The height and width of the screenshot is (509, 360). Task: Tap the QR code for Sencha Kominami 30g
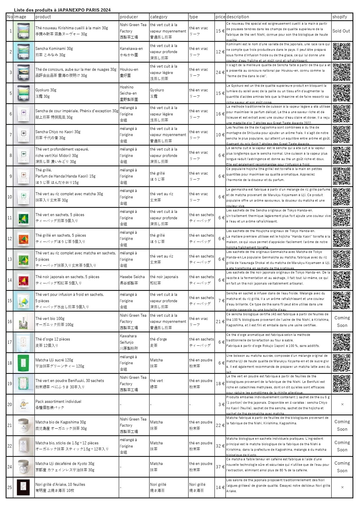[x=341, y=52]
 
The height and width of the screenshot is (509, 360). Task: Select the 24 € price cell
[x=220, y=72]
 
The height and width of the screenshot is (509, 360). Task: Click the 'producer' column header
[x=129, y=17]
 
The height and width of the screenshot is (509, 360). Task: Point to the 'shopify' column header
[x=340, y=17]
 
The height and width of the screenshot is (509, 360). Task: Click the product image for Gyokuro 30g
[x=23, y=93]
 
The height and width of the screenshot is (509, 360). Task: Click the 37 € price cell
[x=220, y=467]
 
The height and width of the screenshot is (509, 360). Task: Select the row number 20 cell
[x=10, y=405]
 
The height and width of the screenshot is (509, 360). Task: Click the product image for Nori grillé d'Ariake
[x=23, y=488]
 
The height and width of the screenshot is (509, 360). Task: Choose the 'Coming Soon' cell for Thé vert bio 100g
[x=342, y=321]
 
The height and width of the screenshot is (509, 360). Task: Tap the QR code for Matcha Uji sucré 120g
[x=341, y=363]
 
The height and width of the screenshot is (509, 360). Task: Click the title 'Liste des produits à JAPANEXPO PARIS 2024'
[x=62, y=10]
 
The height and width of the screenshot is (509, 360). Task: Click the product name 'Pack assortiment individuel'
[x=58, y=402]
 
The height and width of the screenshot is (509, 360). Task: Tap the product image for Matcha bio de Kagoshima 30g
[x=23, y=425]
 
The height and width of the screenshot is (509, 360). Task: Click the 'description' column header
[x=238, y=17]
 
